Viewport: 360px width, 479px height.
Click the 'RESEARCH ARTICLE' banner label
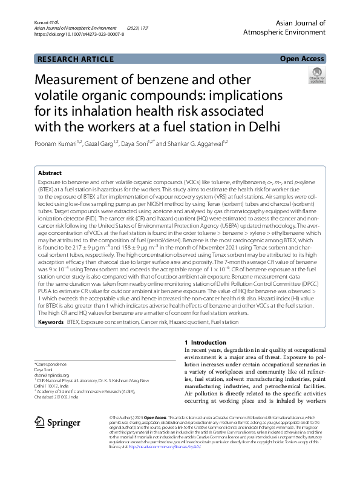(x=76, y=59)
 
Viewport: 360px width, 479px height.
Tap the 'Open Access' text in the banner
(x=303, y=59)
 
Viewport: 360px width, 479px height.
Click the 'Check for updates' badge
(x=316, y=76)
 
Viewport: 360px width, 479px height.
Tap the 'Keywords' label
(x=51, y=323)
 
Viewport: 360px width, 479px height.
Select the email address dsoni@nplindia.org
(x=51, y=375)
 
